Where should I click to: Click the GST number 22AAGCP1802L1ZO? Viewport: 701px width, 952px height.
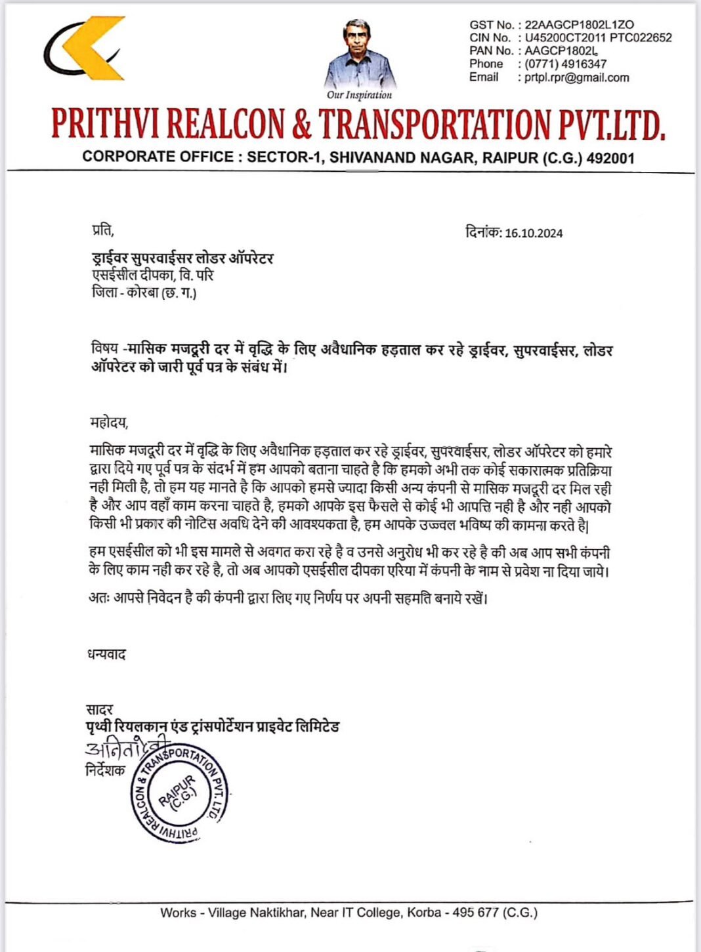point(579,25)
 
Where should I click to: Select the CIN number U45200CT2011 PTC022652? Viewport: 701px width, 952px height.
point(598,38)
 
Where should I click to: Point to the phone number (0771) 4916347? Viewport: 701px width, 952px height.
point(565,64)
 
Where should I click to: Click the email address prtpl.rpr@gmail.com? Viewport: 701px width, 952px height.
point(577,77)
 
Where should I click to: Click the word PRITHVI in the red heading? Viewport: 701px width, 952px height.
point(104,123)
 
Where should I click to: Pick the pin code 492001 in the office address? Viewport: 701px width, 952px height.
point(611,157)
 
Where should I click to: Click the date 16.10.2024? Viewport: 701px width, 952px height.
point(534,233)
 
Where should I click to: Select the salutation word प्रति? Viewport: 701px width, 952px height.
point(102,230)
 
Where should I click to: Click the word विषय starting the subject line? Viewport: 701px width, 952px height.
point(104,349)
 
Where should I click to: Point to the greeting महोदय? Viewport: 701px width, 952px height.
point(108,422)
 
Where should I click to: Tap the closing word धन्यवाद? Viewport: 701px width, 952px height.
point(106,654)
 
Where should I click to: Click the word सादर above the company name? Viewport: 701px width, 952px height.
point(99,709)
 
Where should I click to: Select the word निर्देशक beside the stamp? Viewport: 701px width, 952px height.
point(105,770)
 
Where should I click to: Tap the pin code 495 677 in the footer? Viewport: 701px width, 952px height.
point(476,913)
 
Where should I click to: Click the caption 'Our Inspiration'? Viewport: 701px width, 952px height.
point(359,95)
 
